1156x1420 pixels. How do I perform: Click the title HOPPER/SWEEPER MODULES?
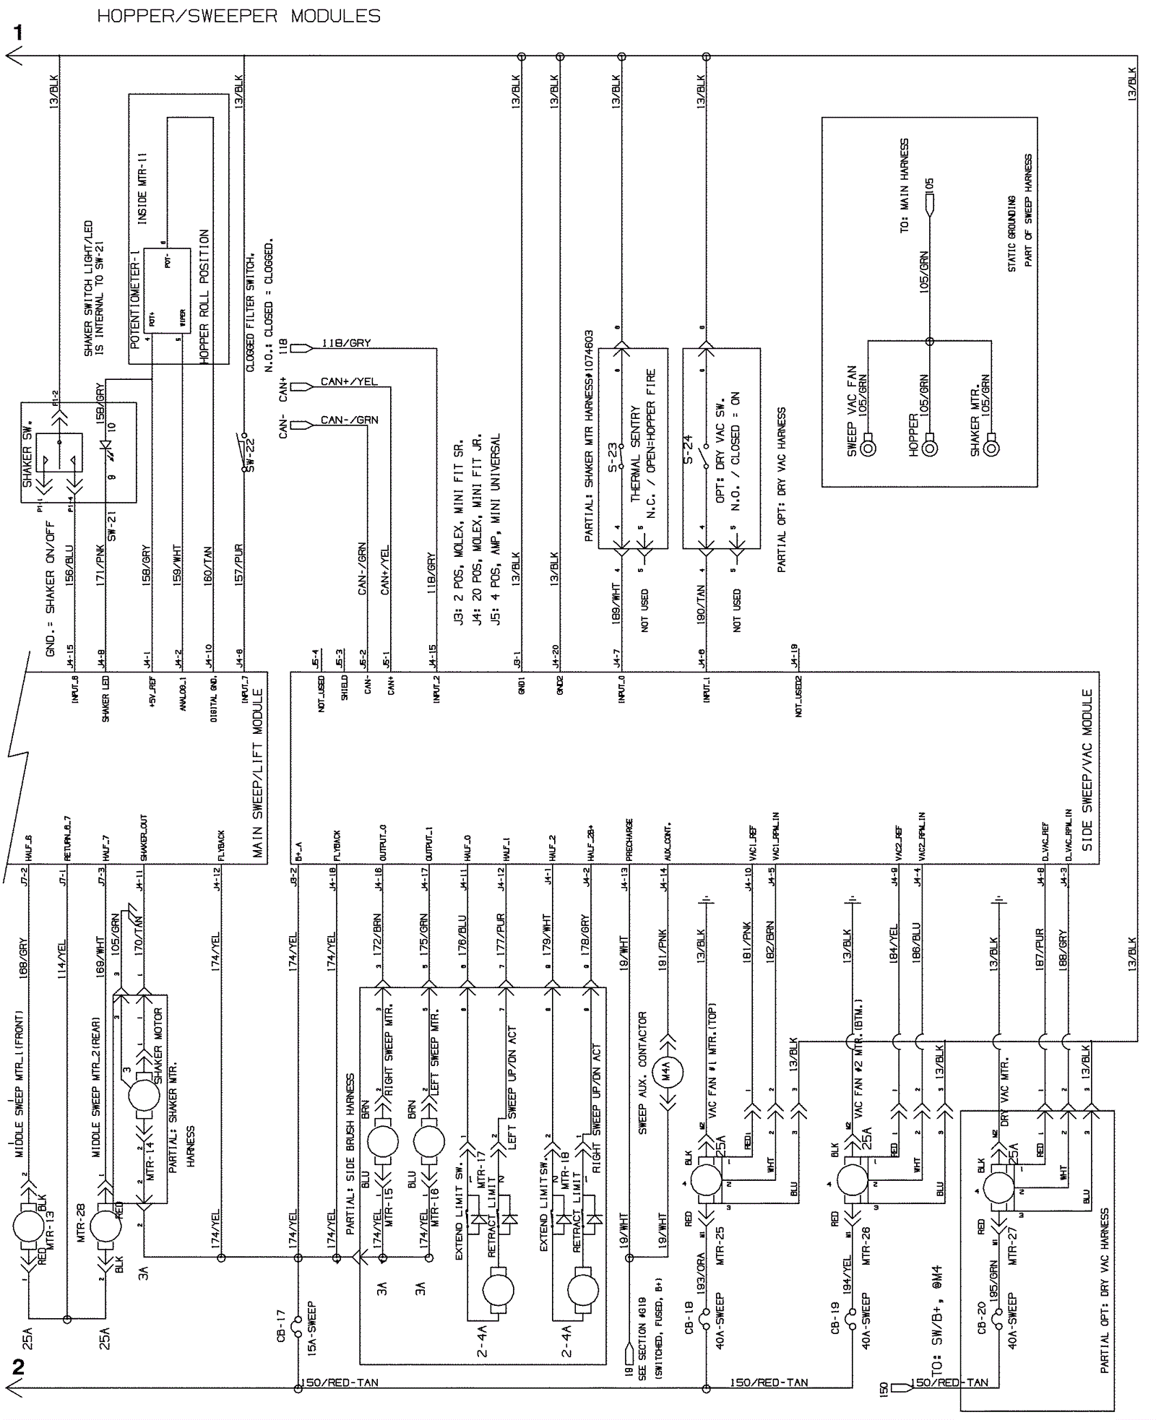click(x=238, y=16)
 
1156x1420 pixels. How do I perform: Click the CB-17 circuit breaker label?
click(x=282, y=1326)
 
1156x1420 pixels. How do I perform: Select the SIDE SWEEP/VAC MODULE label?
click(x=1087, y=770)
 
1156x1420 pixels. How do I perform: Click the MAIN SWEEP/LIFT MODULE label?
click(x=257, y=773)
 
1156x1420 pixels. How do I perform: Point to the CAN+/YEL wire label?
click(x=349, y=381)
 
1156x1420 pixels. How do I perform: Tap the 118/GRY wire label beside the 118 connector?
click(x=345, y=343)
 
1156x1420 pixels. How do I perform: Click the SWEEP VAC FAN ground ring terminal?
click(x=869, y=448)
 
